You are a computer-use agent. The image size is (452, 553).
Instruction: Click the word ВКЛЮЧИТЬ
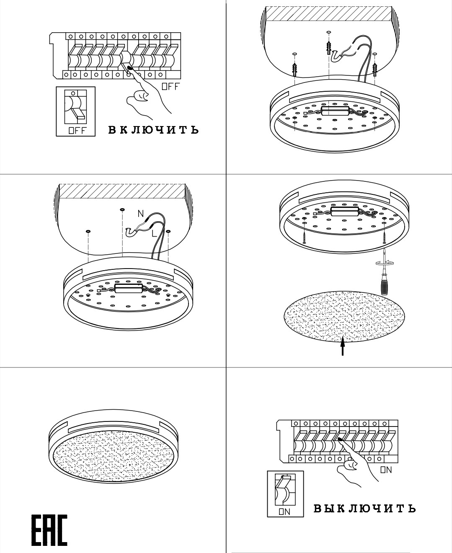point(154,130)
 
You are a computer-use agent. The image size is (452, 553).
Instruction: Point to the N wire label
point(141,214)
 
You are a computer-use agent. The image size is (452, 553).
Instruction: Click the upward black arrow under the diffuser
point(343,346)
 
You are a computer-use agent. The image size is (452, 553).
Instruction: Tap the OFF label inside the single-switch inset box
point(77,130)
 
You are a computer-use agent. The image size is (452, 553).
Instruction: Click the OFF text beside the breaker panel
point(170,86)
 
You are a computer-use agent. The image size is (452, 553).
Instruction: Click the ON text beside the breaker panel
point(386,470)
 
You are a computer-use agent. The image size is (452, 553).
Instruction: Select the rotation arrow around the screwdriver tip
point(385,263)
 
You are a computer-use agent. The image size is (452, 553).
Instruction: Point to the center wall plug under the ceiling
point(329,48)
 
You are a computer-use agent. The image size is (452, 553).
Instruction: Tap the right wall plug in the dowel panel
point(375,69)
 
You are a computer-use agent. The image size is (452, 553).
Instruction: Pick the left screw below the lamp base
point(304,233)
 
